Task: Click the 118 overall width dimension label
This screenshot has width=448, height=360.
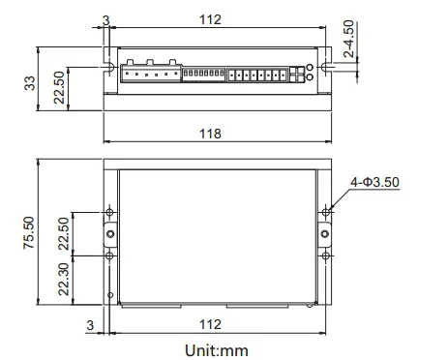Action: click(210, 134)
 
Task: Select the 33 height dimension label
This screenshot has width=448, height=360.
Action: click(30, 83)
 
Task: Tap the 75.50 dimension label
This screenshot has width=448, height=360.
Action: click(29, 232)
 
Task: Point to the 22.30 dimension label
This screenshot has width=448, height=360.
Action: click(64, 280)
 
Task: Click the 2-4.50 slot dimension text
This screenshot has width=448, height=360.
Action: click(348, 39)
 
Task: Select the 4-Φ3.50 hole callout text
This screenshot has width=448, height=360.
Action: click(374, 182)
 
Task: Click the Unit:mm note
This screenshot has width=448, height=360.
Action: click(217, 350)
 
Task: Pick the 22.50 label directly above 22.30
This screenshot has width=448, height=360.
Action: click(64, 233)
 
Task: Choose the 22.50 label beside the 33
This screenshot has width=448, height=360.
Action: click(59, 87)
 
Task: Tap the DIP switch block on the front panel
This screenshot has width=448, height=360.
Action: click(203, 75)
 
